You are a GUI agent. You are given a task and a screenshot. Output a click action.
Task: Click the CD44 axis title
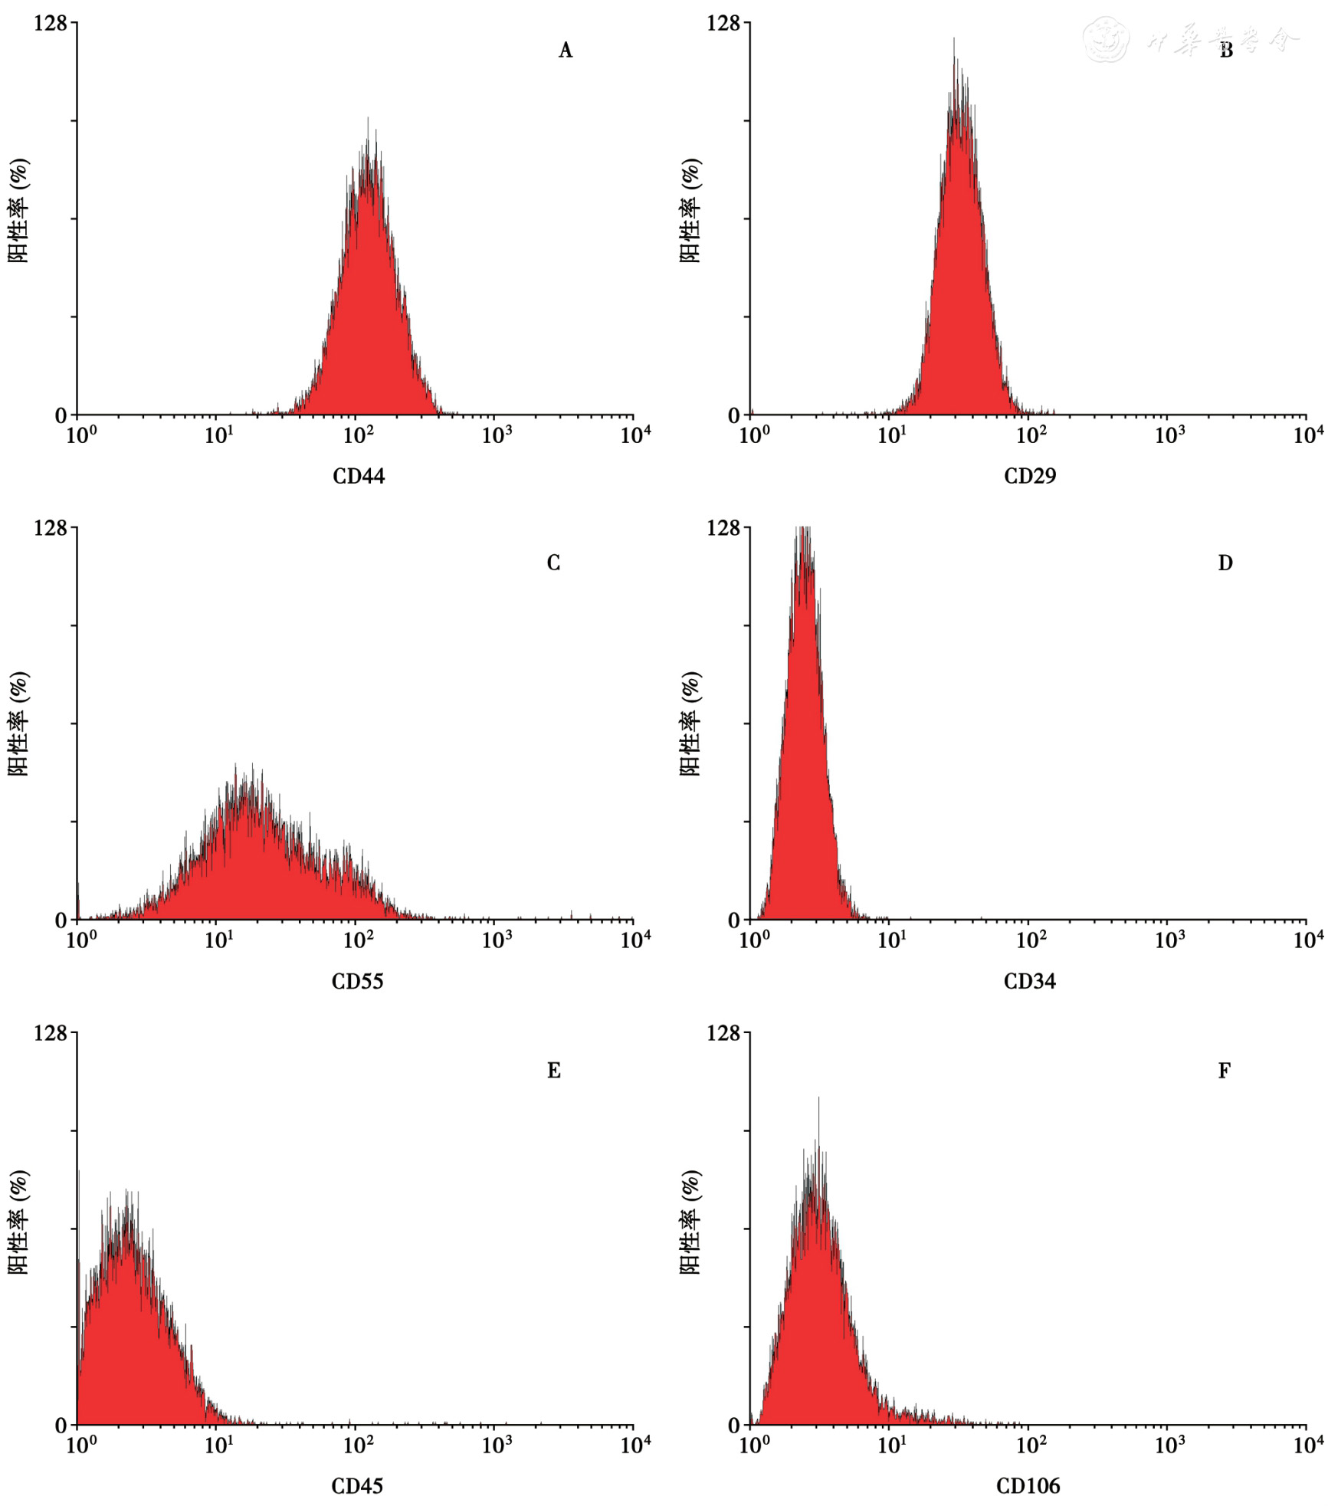tap(358, 476)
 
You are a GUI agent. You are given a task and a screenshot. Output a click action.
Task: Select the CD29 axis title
tap(1029, 476)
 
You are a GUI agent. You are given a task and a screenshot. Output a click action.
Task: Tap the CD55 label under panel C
tap(357, 981)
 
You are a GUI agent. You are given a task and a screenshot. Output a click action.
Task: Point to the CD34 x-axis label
tap(1029, 981)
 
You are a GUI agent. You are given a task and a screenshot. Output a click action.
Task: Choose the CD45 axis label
tap(357, 1486)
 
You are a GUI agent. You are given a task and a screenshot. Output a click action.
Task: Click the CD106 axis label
tap(1028, 1486)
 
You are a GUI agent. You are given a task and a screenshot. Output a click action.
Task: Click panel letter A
tap(566, 51)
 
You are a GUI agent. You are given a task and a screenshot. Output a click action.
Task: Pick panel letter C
tap(553, 563)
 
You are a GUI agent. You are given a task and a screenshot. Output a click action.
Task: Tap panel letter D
tap(1225, 563)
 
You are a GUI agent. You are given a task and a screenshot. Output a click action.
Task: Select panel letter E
tap(553, 1070)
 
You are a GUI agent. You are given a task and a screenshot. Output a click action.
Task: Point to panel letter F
tap(1225, 1070)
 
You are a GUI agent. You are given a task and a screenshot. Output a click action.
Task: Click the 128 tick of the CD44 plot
tap(51, 24)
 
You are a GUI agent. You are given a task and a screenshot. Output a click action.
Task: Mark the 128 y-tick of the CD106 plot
tap(723, 1033)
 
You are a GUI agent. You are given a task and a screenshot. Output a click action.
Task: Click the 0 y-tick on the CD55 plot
tap(61, 920)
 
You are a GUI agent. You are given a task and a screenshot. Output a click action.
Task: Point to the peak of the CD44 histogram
tap(368, 120)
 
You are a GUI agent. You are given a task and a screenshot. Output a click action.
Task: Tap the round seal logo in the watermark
tap(1106, 40)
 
